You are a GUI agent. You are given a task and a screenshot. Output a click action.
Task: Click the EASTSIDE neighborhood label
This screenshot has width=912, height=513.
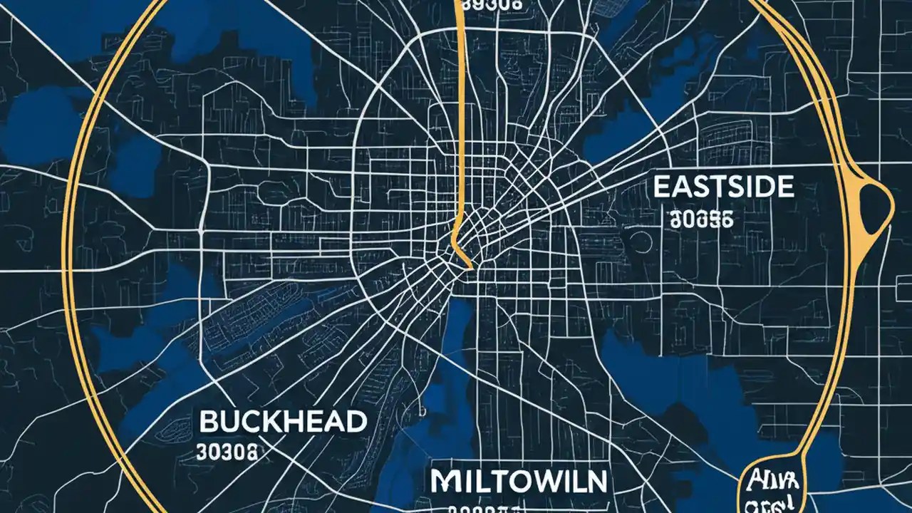pyautogui.click(x=723, y=187)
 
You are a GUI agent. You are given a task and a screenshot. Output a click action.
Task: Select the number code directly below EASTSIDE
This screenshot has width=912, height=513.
pyautogui.click(x=701, y=220)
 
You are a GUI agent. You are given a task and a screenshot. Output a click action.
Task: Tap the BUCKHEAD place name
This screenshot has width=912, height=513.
pyautogui.click(x=284, y=422)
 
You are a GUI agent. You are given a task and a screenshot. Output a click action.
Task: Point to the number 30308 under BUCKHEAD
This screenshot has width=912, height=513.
pyautogui.click(x=229, y=451)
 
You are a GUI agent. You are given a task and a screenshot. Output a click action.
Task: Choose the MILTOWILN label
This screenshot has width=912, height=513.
pyautogui.click(x=519, y=482)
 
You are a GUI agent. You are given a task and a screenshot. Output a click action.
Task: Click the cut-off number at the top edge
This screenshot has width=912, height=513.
pyautogui.click(x=492, y=4)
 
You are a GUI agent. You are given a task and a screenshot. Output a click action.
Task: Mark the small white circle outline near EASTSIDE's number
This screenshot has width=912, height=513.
pyautogui.click(x=641, y=243)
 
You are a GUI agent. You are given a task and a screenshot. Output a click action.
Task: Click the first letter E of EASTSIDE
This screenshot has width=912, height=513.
pyautogui.click(x=662, y=187)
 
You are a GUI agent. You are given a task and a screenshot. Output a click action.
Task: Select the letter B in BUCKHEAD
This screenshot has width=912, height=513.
pyautogui.click(x=208, y=422)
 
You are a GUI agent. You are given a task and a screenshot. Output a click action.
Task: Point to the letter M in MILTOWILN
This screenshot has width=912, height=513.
pyautogui.click(x=445, y=482)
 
